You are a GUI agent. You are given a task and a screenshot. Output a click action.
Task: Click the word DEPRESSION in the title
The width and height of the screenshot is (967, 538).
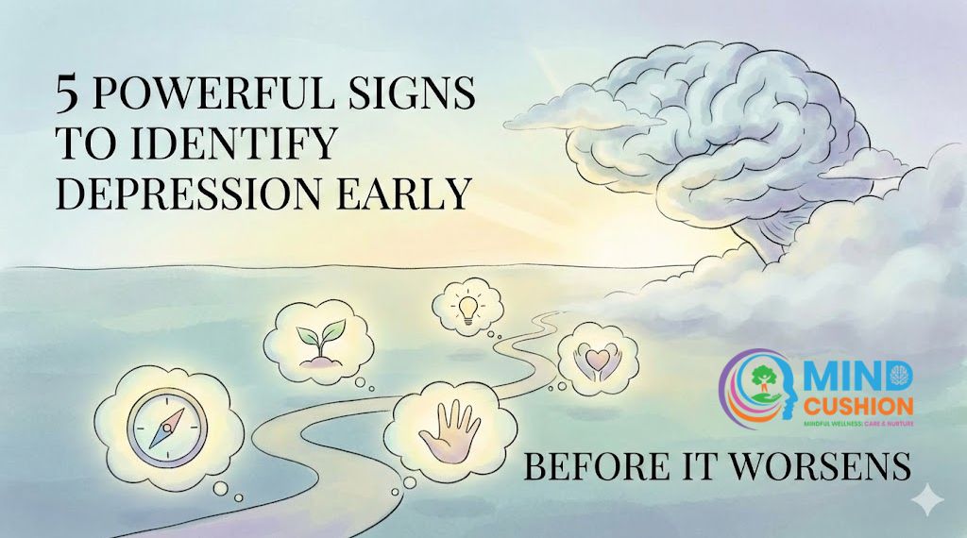coord(196,193)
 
